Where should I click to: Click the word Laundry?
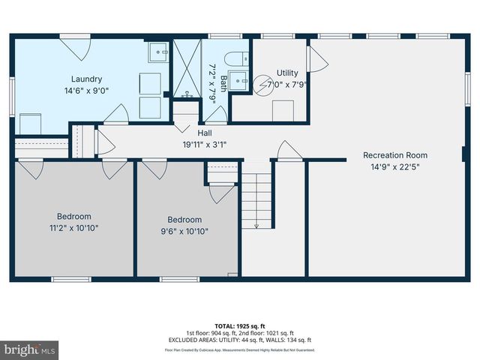point(86,79)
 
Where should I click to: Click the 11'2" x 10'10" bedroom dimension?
point(74,228)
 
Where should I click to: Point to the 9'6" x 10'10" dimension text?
point(184,232)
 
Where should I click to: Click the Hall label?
point(205,133)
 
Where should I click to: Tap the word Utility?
point(287,72)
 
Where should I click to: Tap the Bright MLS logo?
point(30,349)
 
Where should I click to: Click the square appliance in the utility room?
point(282,109)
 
